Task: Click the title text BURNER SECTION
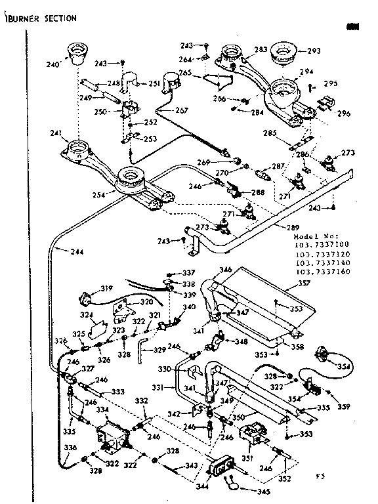coord(41,18)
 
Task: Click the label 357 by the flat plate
coord(304,284)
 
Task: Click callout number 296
coord(344,112)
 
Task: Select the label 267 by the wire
coord(182,110)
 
